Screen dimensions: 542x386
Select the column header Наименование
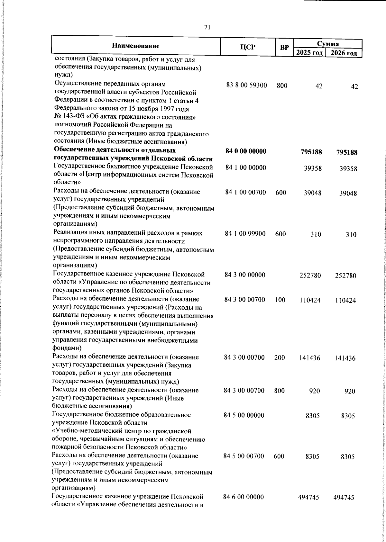(x=136, y=46)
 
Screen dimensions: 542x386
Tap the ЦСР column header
(x=248, y=47)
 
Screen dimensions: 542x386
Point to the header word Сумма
(x=328, y=43)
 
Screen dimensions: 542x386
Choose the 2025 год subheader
(x=309, y=53)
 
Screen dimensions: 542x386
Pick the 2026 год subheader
(x=344, y=53)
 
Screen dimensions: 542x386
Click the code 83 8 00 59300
(x=247, y=86)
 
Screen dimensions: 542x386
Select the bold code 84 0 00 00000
(x=246, y=151)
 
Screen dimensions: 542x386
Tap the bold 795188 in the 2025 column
(x=311, y=152)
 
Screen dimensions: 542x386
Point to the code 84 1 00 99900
(x=245, y=234)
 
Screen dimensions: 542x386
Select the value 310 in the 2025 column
(x=316, y=234)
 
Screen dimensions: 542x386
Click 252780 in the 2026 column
(x=345, y=276)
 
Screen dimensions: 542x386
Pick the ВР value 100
(x=280, y=300)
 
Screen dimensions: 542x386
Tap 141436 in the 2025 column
(x=309, y=357)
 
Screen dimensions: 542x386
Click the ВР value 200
(x=280, y=357)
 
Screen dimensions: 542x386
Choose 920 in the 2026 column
(x=350, y=391)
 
